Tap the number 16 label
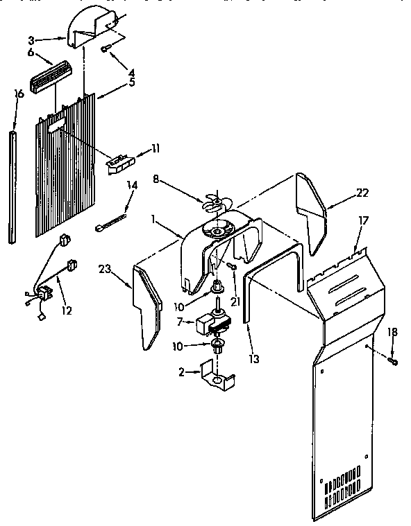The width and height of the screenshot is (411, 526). pos(19,94)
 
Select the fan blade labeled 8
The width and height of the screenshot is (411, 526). pos(216,201)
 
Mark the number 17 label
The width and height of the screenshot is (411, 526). pos(363,221)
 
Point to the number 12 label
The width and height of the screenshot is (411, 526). pos(66,312)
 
